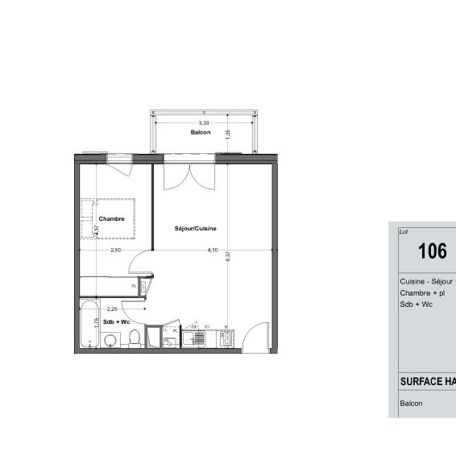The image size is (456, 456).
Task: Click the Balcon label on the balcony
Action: (201, 132)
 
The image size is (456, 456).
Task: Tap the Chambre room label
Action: (111, 219)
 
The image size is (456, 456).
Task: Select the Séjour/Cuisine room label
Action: (196, 229)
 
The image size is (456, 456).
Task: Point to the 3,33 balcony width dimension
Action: (204, 122)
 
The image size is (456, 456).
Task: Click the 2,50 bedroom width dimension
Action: (116, 250)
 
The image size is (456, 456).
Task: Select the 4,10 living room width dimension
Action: (213, 250)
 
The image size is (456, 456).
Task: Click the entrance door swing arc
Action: (256, 334)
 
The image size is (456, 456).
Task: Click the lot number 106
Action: (432, 251)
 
